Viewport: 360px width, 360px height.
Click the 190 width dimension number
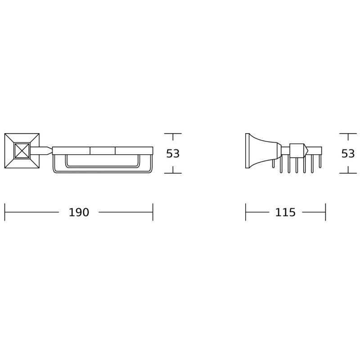tap(79, 212)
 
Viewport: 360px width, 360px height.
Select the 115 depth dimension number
tap(285, 212)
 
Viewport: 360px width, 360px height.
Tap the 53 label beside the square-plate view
tap(173, 153)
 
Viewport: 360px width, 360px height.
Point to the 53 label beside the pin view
tap(348, 153)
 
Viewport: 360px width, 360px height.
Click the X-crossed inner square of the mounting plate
tap(22, 151)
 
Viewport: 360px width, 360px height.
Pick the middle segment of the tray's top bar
tap(103, 151)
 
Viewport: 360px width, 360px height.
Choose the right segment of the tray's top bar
tap(134, 151)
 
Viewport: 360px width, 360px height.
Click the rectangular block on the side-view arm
tap(297, 150)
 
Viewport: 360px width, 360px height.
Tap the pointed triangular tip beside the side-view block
tap(306, 150)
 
